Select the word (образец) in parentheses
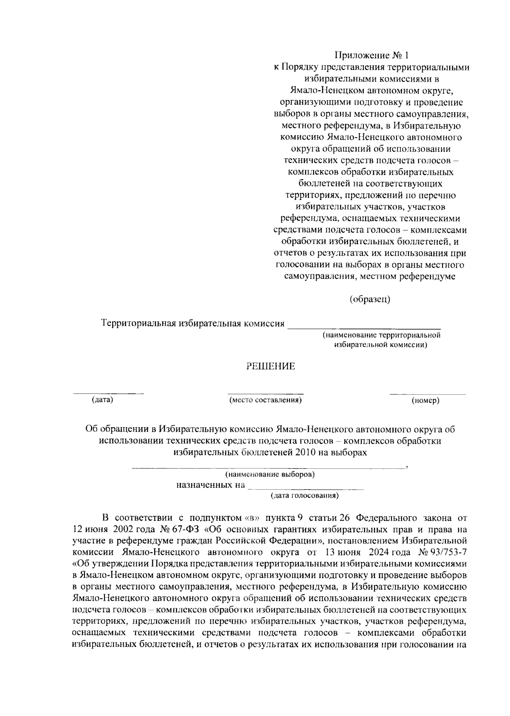pos(370,299)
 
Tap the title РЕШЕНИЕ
pos(271,366)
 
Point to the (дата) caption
pos(102,400)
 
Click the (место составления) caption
pos(266,400)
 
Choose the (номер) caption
pos(425,400)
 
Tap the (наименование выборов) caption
pos(270,474)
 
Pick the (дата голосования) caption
pos(305,495)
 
